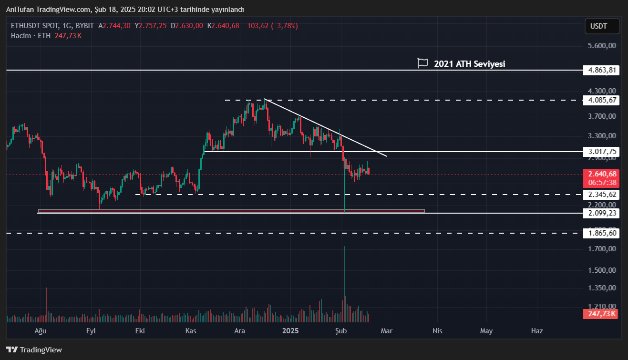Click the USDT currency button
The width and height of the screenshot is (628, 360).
[x=602, y=26]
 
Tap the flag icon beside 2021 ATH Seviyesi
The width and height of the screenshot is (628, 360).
[x=422, y=63]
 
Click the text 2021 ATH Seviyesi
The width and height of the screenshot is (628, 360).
[x=469, y=63]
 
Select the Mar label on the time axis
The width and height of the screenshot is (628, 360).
[x=386, y=330]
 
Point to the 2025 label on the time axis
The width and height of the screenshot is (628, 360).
[x=290, y=330]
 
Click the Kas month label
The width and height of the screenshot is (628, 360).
[x=191, y=330]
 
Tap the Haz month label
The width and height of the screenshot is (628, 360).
[x=537, y=330]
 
